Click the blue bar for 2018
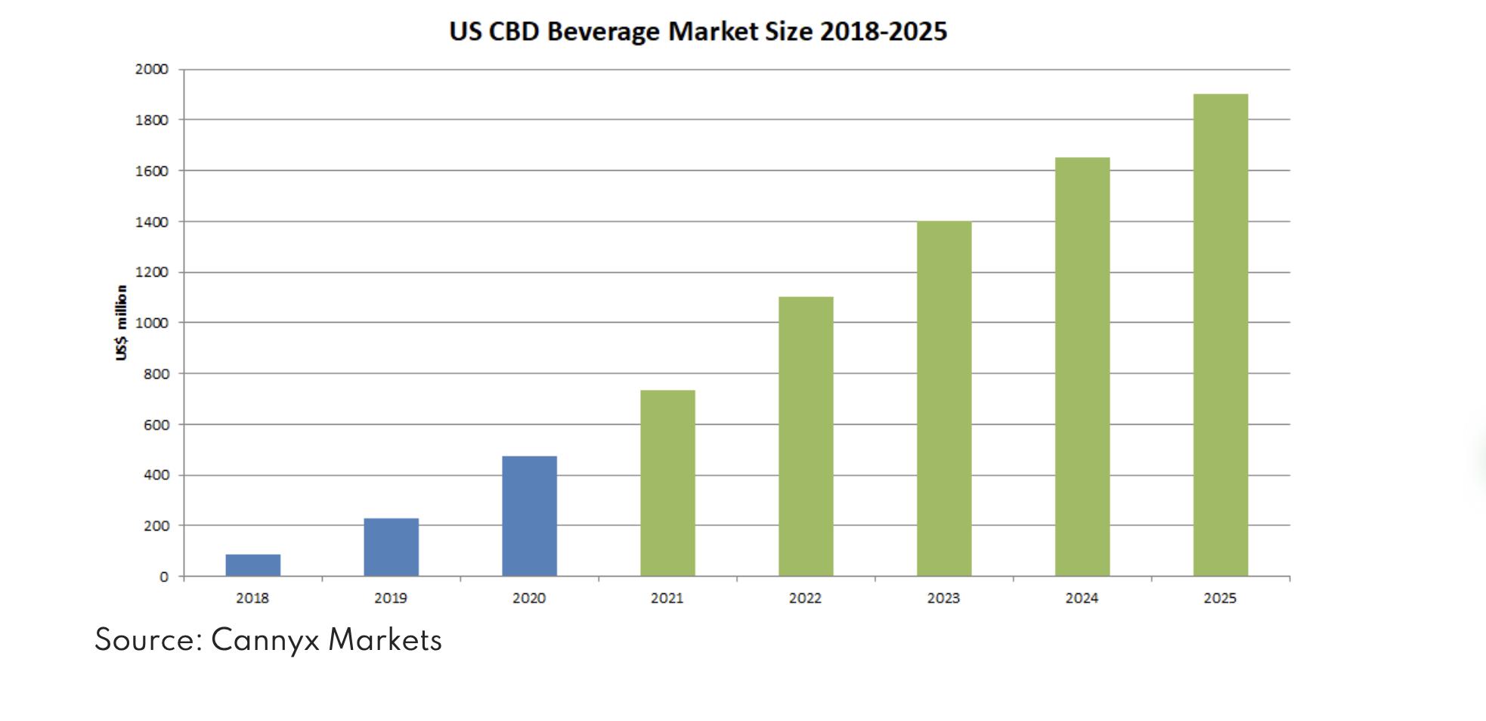[252, 565]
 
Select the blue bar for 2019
[391, 547]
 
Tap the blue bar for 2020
[529, 516]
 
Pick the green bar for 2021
[667, 484]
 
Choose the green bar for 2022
[806, 437]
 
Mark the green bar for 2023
[944, 399]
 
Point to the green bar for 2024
[1082, 367]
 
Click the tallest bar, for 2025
[1221, 336]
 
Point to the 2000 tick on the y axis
[151, 69]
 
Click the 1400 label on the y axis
[151, 222]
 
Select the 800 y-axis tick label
[156, 374]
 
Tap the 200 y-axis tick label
[156, 526]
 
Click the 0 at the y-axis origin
[163, 577]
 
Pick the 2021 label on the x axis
[667, 599]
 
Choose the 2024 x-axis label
[1082, 599]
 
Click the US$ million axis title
[121, 323]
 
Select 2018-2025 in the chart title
[883, 32]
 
